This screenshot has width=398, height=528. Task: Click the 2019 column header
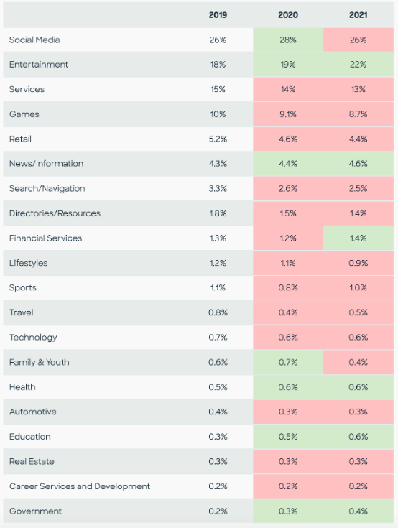click(x=218, y=15)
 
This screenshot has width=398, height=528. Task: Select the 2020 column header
click(x=288, y=15)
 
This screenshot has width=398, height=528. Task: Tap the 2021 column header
click(x=358, y=15)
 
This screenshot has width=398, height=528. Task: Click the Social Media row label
click(x=34, y=40)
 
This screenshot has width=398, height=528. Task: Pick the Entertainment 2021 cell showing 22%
click(x=358, y=65)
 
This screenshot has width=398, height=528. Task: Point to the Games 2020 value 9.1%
click(x=288, y=114)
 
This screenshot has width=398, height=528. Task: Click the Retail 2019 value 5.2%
click(x=218, y=139)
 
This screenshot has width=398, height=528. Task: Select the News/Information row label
click(x=46, y=164)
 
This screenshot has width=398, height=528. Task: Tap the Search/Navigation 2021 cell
click(x=358, y=188)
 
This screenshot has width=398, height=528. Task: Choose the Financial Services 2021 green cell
click(x=358, y=238)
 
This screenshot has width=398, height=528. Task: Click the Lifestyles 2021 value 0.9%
click(x=358, y=263)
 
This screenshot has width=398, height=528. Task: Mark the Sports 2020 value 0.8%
click(x=288, y=287)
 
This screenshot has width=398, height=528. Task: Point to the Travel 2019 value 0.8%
click(x=218, y=312)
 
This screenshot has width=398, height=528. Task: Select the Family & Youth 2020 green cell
click(x=288, y=362)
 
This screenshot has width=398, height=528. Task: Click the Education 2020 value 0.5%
click(x=288, y=437)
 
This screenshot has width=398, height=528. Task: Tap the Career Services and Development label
click(x=80, y=486)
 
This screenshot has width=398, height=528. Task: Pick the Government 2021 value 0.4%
click(x=358, y=511)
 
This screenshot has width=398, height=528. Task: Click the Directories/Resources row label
click(x=55, y=213)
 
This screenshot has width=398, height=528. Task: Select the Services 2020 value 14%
click(x=288, y=89)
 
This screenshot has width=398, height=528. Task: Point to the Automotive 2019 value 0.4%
click(x=218, y=412)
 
